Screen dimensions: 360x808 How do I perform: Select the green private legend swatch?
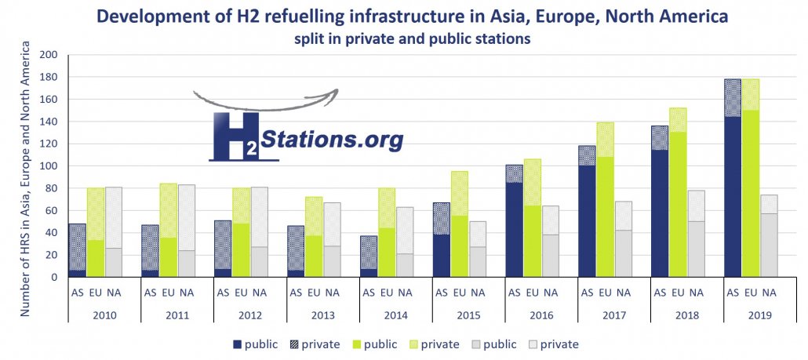pos(416,344)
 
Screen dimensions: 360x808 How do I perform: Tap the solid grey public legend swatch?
pos(479,344)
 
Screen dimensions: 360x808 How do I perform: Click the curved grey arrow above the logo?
pos(265,100)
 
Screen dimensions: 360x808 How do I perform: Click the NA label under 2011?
pos(187,293)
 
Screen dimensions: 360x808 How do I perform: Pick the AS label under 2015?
pos(442,293)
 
